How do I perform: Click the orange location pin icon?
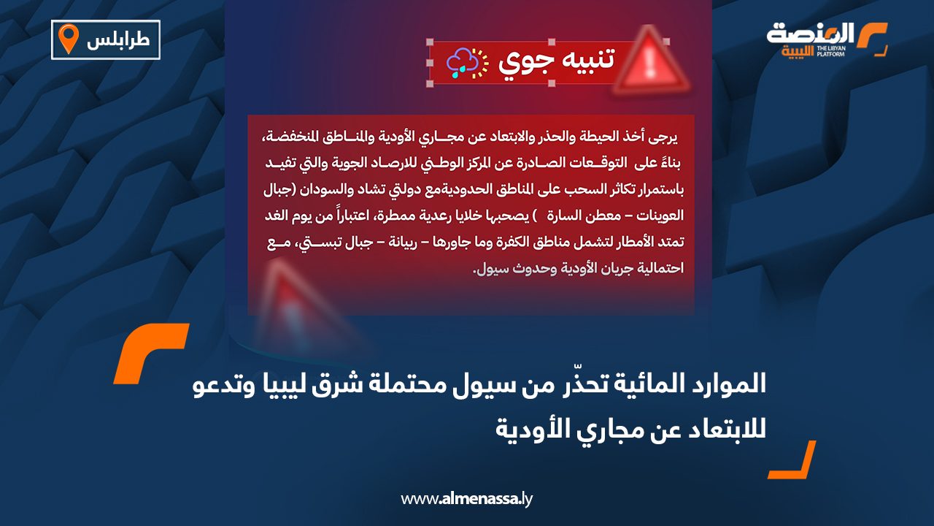[x=68, y=39]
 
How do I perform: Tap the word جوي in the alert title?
[x=519, y=64]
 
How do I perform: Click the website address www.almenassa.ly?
[x=467, y=499]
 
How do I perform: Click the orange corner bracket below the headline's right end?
[x=792, y=460]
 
